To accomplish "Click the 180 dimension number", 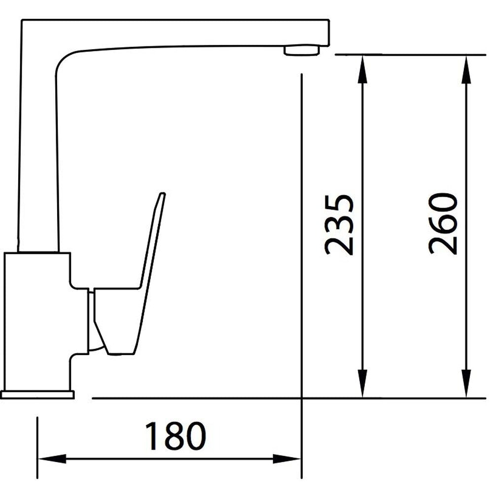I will [175, 435].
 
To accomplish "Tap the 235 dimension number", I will [339, 225].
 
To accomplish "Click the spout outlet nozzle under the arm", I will [302, 50].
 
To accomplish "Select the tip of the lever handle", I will [162, 196].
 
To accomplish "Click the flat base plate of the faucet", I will [37, 394].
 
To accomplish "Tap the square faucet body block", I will [37, 320].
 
